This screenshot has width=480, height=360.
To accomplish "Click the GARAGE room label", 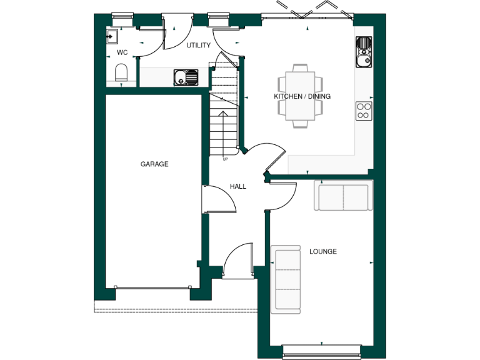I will (154, 164).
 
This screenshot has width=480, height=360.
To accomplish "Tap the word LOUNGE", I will (323, 251).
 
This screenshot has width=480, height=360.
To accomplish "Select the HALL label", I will (238, 186).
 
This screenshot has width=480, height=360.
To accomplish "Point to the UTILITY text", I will (199, 46).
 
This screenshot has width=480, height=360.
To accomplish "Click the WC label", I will (122, 52).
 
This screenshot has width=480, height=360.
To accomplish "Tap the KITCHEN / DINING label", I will (302, 96).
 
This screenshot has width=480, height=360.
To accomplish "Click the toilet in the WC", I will (122, 72).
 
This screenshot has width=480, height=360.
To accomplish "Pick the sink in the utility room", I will (186, 78).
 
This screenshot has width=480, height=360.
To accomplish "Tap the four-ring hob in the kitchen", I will (364, 111).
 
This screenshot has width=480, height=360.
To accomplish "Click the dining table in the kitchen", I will (301, 96).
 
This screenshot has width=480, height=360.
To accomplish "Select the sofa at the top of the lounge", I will (343, 197).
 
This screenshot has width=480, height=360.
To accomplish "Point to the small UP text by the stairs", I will (225, 159).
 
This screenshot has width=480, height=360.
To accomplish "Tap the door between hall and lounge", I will (282, 197).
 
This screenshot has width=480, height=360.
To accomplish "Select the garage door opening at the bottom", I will (153, 288).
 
